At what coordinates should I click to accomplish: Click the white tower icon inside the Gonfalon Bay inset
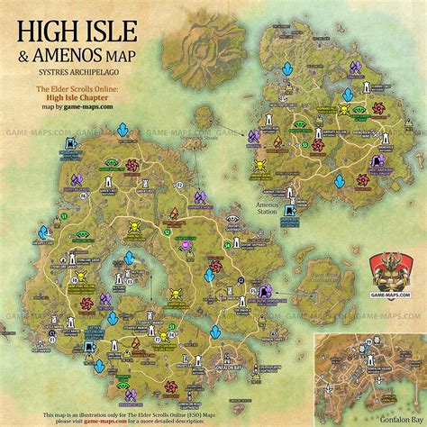point(370,378)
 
